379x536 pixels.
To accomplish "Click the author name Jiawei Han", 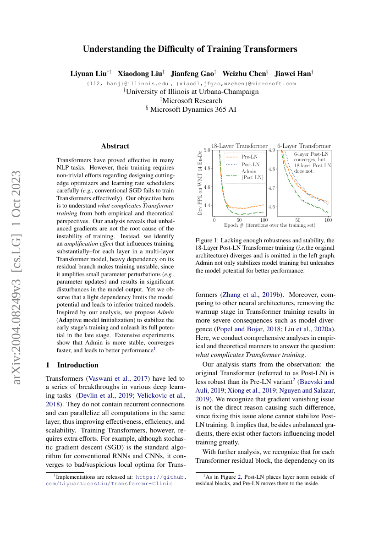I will [x=293, y=73].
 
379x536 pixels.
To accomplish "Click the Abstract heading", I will [x=115, y=146].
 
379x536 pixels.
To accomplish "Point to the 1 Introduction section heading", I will [x=72, y=365].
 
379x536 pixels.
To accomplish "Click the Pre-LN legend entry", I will [x=249, y=157].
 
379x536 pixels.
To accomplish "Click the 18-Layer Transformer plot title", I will [x=239, y=146].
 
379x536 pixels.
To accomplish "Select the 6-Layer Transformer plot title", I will [x=304, y=146].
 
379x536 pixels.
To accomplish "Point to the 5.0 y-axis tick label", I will [x=207, y=150].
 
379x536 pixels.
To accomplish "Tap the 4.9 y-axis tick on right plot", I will [x=272, y=150].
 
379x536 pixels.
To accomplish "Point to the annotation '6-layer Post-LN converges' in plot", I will [x=311, y=157].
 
